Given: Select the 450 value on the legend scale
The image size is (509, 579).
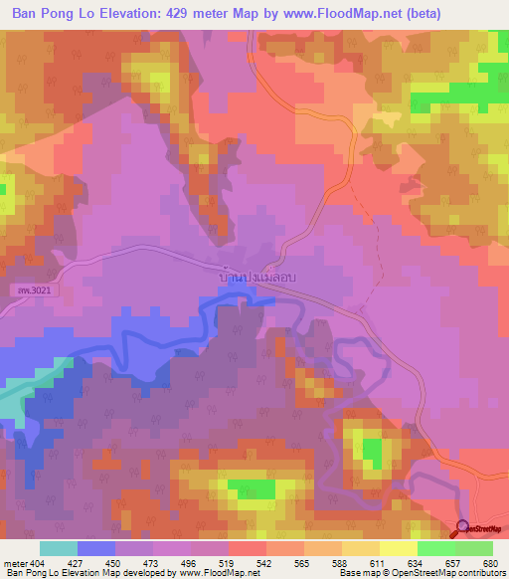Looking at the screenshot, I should tap(114, 564).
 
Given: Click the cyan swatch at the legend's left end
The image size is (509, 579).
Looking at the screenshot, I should tap(59, 548).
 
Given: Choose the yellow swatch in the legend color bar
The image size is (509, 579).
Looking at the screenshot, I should tap(398, 548).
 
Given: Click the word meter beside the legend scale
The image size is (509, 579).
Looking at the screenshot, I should tap(15, 564).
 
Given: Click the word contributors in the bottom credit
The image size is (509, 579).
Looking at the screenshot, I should tap(477, 574).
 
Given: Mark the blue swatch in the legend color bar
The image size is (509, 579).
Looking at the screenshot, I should tap(96, 548).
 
